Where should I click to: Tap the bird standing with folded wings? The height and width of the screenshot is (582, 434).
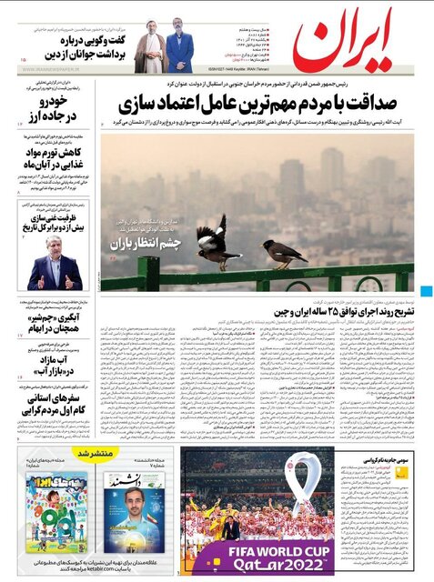[x=284, y=252]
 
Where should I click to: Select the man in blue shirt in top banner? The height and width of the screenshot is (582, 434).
[x=180, y=52]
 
